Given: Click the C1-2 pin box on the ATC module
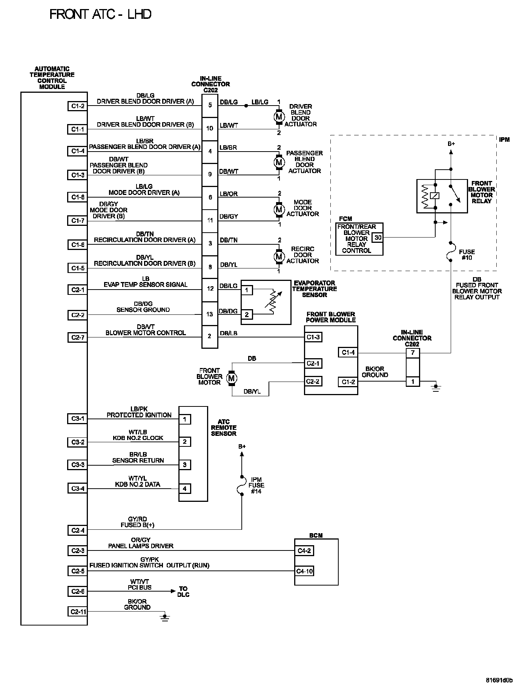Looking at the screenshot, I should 77,106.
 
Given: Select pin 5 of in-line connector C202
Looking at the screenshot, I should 210,105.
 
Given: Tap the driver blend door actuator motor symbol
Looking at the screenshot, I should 279,117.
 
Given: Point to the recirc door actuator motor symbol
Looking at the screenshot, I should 279,257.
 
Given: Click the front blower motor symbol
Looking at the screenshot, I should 231,378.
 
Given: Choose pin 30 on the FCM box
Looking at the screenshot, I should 378,238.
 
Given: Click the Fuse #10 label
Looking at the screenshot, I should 467,255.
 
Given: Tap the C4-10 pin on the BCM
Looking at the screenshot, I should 304,571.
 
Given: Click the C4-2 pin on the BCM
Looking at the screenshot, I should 304,551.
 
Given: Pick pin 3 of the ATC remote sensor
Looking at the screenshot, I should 184,465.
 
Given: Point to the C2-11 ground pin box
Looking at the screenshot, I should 77,612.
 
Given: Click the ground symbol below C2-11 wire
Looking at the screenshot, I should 164,617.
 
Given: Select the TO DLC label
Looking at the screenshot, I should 184,592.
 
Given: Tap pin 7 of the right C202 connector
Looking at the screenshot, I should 413,353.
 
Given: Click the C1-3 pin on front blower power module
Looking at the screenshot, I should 313,337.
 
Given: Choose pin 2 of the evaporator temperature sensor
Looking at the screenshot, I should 247,314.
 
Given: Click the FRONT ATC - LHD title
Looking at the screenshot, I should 100,15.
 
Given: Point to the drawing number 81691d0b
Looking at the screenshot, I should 499,681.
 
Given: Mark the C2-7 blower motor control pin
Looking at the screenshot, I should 77,337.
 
